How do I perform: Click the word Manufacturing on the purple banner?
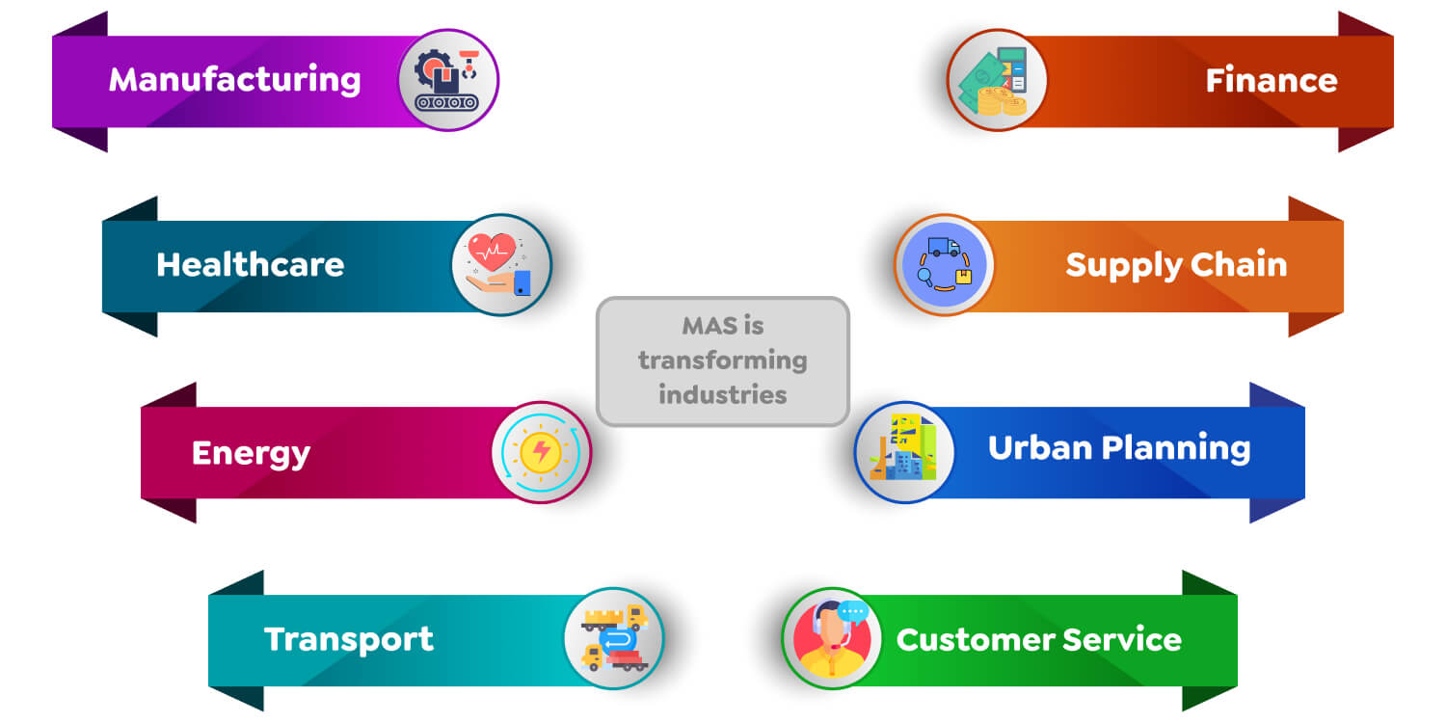234,79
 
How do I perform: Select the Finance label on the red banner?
1271,80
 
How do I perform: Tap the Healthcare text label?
250,264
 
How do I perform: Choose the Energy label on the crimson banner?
251,452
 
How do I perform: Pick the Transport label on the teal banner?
349,639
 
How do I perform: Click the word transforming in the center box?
722,361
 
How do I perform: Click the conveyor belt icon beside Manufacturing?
448,80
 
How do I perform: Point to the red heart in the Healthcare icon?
491,252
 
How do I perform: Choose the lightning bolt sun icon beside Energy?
541,452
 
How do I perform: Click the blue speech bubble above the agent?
853,611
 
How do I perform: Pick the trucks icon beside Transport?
614,638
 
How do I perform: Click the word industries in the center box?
722,394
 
